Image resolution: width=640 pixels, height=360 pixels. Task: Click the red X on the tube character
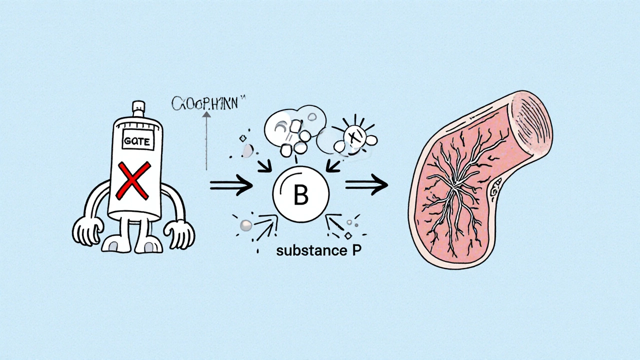pyautogui.click(x=133, y=180)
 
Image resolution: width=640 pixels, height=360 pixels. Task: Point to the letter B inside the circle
pyautogui.click(x=300, y=195)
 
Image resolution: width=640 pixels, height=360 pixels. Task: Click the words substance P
pyautogui.click(x=318, y=251)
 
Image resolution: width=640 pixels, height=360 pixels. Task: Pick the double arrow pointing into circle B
pyautogui.click(x=231, y=185)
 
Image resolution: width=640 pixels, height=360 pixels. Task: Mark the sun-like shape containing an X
pyautogui.click(x=355, y=134)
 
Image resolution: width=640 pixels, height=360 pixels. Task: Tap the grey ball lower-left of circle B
pyautogui.click(x=245, y=225)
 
